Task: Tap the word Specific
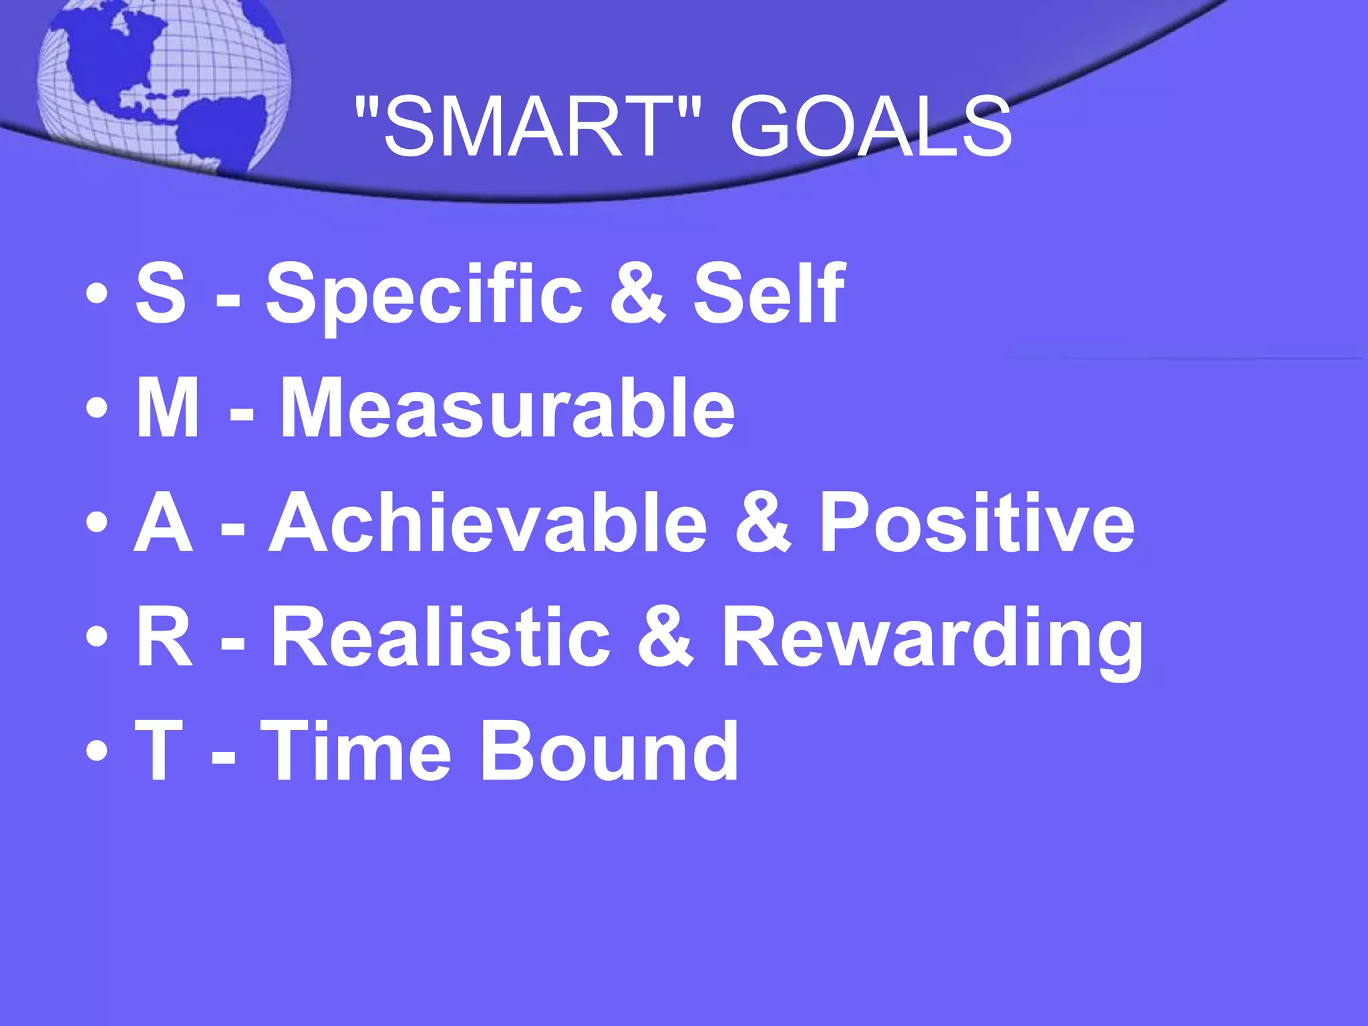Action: (424, 294)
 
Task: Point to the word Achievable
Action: (488, 522)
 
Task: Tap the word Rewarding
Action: (932, 638)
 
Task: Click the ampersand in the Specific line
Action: (638, 294)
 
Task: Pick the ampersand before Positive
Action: (762, 522)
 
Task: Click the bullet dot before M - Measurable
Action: (96, 409)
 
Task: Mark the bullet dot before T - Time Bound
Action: (96, 751)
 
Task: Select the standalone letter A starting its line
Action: (164, 522)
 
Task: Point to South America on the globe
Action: (220, 127)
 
